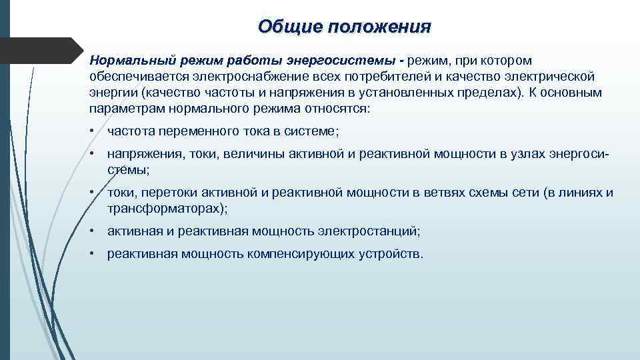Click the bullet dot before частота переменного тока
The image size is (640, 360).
(x=93, y=133)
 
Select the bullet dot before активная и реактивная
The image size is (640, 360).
(x=93, y=231)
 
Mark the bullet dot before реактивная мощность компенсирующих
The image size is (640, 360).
(x=93, y=254)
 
